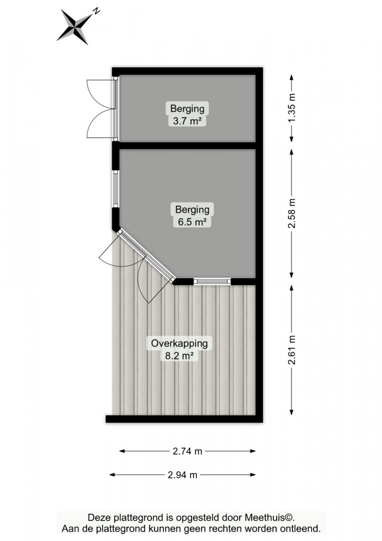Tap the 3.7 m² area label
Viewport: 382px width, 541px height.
coord(187,121)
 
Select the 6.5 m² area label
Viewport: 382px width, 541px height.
coord(192,222)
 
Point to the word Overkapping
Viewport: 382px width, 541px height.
coord(179,344)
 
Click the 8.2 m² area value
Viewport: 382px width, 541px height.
coord(179,356)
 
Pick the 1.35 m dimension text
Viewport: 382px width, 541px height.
coord(292,108)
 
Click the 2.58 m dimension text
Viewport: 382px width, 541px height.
coord(292,213)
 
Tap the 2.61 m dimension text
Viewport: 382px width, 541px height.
coord(292,350)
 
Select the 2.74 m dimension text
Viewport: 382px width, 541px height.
coord(187,451)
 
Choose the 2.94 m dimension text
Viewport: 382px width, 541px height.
coord(182,475)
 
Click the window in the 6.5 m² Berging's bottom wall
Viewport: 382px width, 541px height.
coord(212,282)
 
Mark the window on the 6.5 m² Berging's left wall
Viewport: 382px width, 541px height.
coord(115,189)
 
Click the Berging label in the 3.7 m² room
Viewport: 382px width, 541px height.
coord(187,109)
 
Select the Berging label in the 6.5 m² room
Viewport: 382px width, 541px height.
coord(192,209)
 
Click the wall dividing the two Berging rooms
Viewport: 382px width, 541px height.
coord(187,145)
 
